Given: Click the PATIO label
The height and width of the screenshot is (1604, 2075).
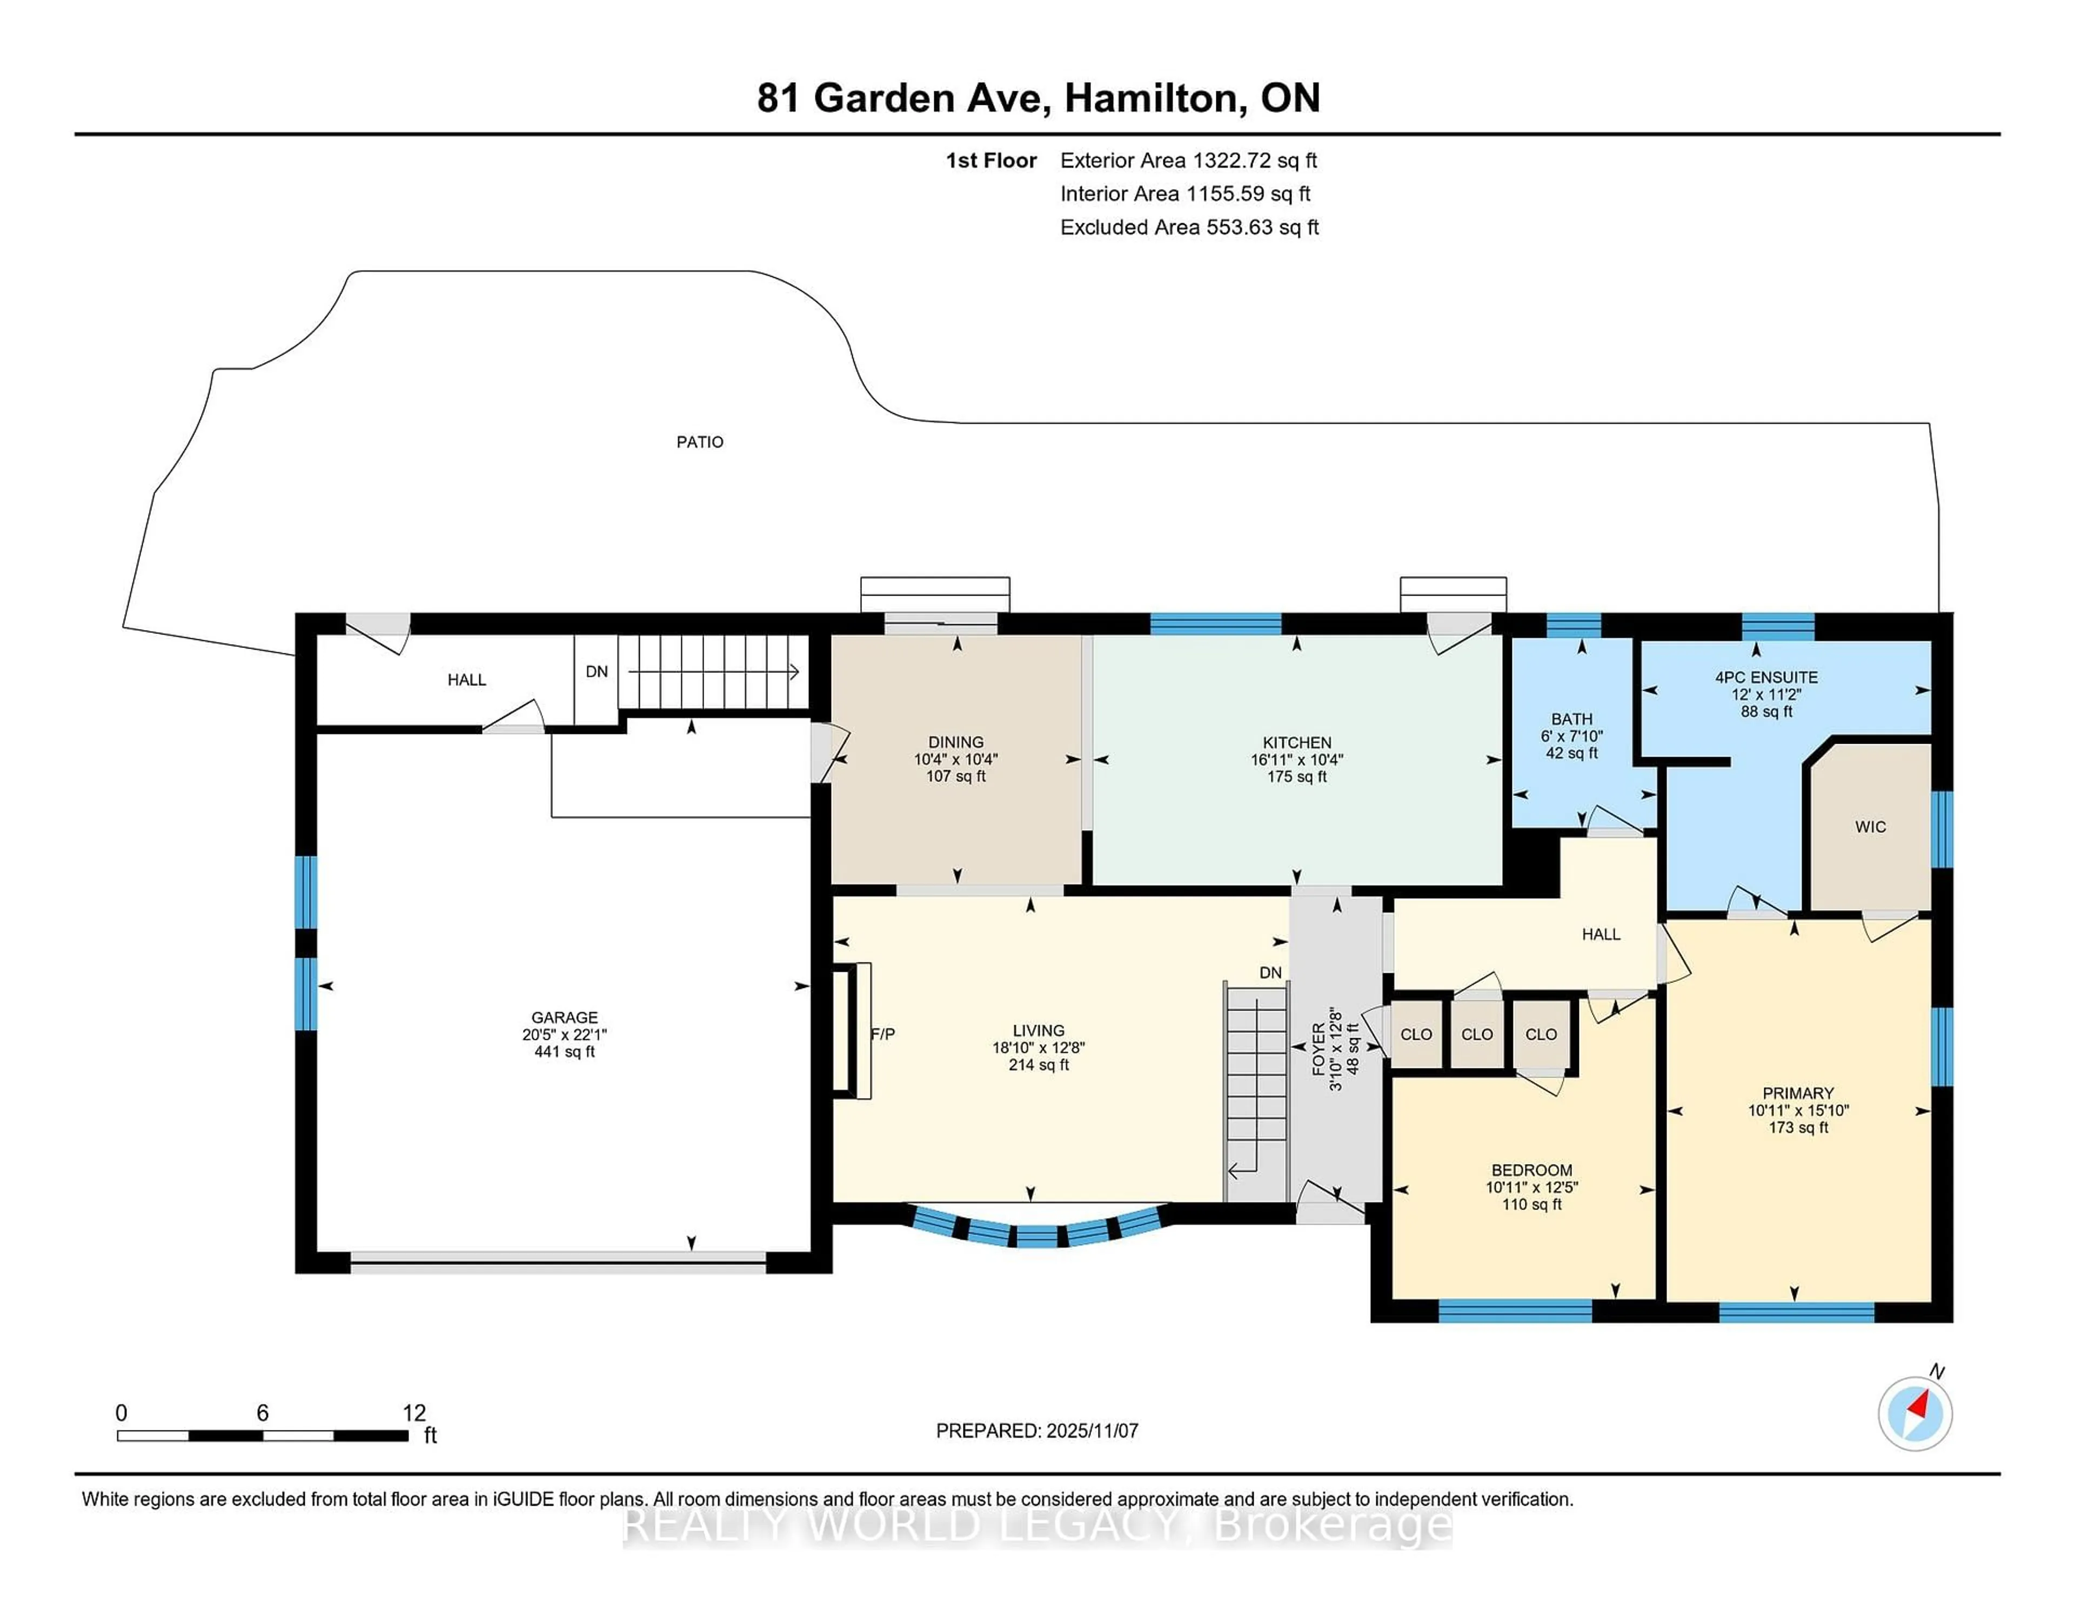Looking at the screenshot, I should [699, 442].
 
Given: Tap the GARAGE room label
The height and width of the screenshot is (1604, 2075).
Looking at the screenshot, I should [564, 1017].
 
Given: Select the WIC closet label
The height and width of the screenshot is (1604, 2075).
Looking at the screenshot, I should [1870, 827].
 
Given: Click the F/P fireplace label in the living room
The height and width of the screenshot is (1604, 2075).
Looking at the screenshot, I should [882, 1034].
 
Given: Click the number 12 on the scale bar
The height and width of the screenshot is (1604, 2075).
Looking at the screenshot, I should [414, 1413].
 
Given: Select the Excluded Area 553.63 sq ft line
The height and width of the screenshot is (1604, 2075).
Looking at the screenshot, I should [1189, 227].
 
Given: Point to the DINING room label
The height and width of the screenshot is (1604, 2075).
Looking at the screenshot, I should [956, 742].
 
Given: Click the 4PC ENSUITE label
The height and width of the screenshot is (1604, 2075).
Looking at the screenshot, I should [1765, 678].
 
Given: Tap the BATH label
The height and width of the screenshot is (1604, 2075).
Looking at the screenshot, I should [1571, 719].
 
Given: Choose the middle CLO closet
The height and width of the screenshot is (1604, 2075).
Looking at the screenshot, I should [1476, 1034].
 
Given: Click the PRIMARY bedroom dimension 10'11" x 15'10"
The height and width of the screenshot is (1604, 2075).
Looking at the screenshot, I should [1798, 1110].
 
